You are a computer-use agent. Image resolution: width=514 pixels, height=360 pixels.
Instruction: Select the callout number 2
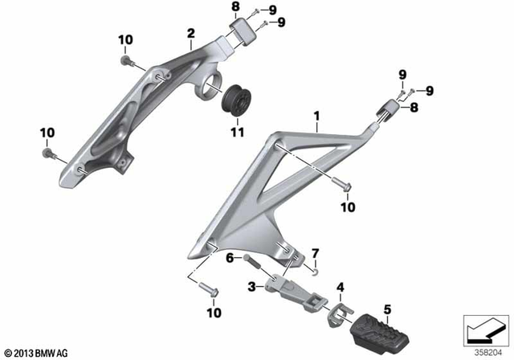[190, 33]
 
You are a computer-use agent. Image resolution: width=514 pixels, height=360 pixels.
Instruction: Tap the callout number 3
[251, 285]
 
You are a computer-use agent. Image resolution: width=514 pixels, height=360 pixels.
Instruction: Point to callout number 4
[340, 286]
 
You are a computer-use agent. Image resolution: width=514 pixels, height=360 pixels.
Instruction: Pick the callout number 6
[228, 257]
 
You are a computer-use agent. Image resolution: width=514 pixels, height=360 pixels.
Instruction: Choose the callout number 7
[315, 253]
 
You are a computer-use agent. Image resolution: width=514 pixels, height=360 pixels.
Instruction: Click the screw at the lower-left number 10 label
[47, 151]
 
